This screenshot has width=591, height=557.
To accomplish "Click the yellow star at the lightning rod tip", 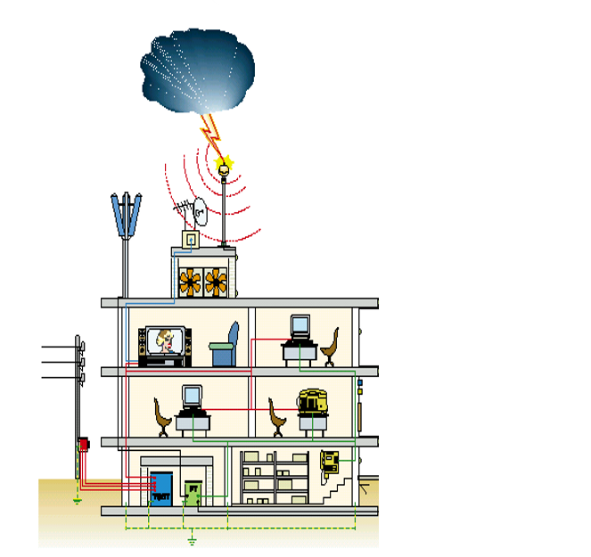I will pyautogui.click(x=223, y=163).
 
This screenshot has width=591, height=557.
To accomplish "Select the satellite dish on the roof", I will pyautogui.click(x=199, y=212).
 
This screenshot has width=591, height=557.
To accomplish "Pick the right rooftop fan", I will pyautogui.click(x=217, y=282).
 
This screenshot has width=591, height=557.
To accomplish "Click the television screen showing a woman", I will pyautogui.click(x=162, y=341).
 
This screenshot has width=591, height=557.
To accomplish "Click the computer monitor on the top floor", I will pyautogui.click(x=299, y=327).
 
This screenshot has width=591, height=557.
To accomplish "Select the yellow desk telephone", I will pyautogui.click(x=311, y=400).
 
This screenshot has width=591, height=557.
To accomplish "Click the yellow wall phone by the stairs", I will pyautogui.click(x=330, y=461).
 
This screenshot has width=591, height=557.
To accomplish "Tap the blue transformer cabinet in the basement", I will pyautogui.click(x=160, y=488).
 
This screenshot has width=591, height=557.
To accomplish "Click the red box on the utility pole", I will pyautogui.click(x=83, y=443).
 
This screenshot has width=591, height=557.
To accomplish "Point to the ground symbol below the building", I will pyautogui.click(x=191, y=540).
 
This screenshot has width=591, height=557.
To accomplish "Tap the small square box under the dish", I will pyautogui.click(x=189, y=240).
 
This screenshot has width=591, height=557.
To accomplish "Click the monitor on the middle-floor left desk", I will pyautogui.click(x=191, y=396).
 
